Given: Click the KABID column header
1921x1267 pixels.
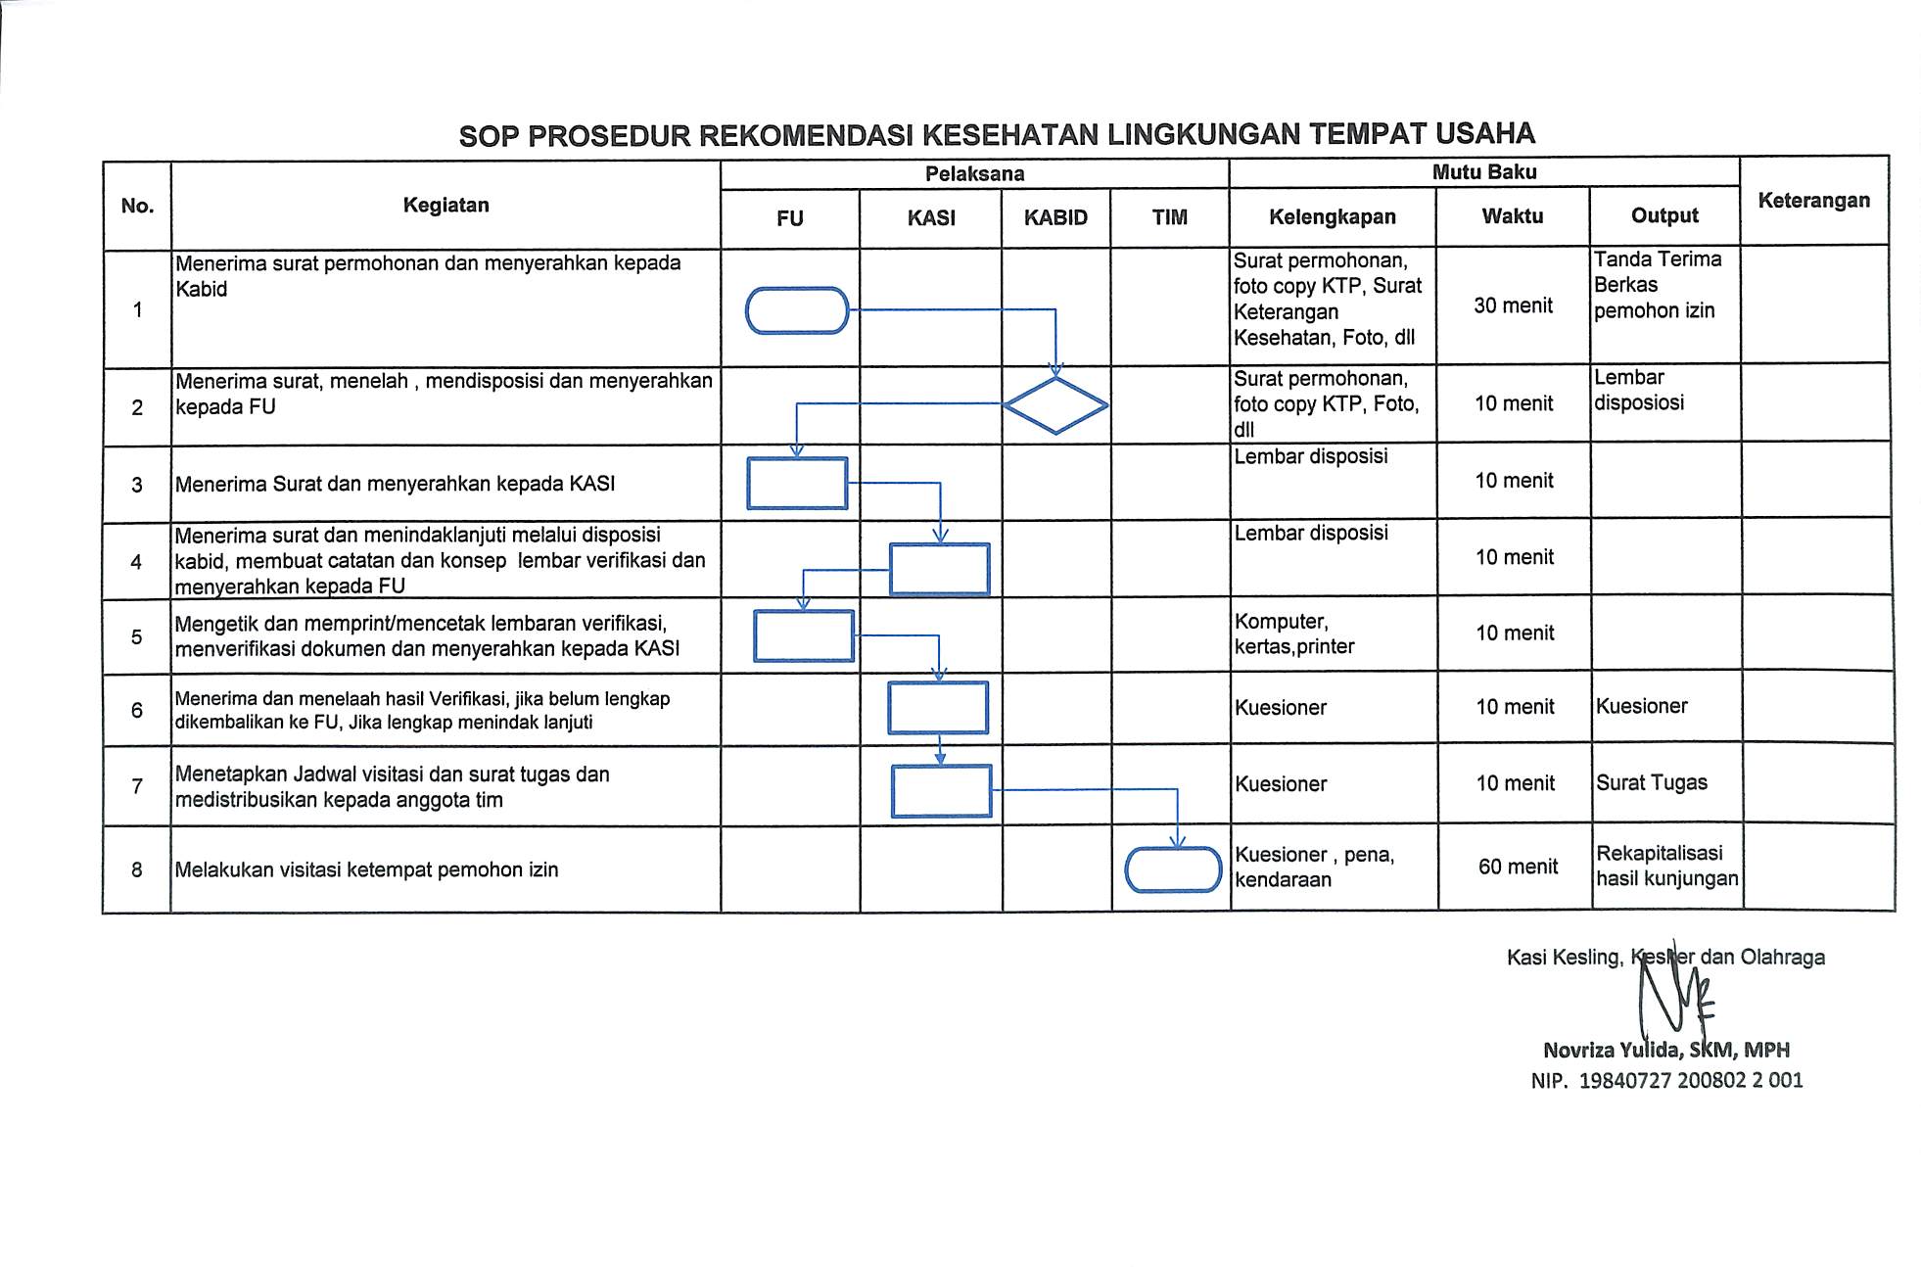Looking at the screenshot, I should (x=1055, y=217).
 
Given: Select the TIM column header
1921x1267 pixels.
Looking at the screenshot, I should (x=1169, y=217).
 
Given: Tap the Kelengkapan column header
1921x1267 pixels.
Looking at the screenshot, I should (x=1332, y=216).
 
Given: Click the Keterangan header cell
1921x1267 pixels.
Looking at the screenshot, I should (x=1813, y=201).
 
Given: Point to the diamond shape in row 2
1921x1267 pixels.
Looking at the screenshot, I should (x=1055, y=405).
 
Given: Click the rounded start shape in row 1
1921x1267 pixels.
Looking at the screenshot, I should (x=797, y=310).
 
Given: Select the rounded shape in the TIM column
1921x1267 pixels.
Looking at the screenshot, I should (x=1173, y=869).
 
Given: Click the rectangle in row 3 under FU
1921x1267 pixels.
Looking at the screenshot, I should (x=797, y=484).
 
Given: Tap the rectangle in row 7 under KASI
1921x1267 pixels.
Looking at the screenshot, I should (x=941, y=791).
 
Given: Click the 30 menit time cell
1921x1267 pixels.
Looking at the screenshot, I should (x=1513, y=305).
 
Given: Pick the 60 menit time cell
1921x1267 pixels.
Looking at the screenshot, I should (x=1518, y=867).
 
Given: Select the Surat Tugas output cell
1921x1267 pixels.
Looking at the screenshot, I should (x=1652, y=782).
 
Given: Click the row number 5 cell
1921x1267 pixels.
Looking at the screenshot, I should (x=137, y=636).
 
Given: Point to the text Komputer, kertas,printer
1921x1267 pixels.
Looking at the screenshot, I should (x=1294, y=633).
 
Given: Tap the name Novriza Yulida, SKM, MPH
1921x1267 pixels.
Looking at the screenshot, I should (x=1665, y=1050).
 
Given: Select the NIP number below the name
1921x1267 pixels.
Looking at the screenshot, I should (x=1666, y=1080).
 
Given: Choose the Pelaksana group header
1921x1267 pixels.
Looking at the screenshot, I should (x=974, y=174).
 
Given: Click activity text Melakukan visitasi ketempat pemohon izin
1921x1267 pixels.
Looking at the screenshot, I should (x=366, y=869).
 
